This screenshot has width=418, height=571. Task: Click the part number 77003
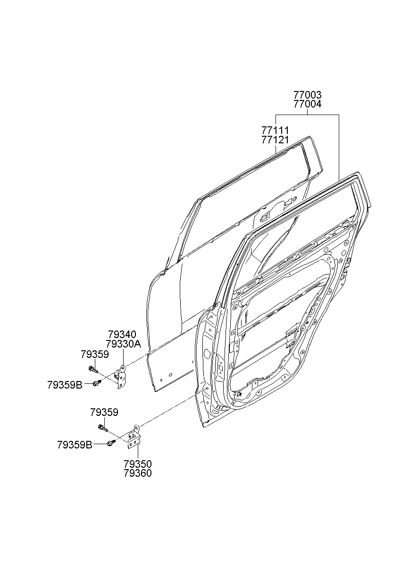point(307,95)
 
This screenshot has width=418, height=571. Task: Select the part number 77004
point(307,104)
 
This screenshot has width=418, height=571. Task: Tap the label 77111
point(276,130)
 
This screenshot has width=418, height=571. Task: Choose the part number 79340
point(122,335)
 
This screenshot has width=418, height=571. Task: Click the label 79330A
point(124,344)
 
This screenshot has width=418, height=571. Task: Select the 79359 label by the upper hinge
point(94,354)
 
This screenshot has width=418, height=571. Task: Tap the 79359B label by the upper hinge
point(65,385)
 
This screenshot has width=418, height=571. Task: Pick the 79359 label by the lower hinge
point(104,413)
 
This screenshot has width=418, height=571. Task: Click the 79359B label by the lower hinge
point(75,444)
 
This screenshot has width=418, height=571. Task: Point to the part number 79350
point(138,464)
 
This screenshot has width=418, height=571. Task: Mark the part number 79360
point(138,473)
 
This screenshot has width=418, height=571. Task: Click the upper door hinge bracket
point(121,377)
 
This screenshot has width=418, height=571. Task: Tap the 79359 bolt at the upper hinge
point(91,369)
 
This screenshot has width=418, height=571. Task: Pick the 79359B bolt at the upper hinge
point(97,383)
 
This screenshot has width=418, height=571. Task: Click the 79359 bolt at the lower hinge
point(102,427)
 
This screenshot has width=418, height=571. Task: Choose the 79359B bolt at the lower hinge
point(111,443)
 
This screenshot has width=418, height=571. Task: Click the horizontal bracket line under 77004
point(307,115)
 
